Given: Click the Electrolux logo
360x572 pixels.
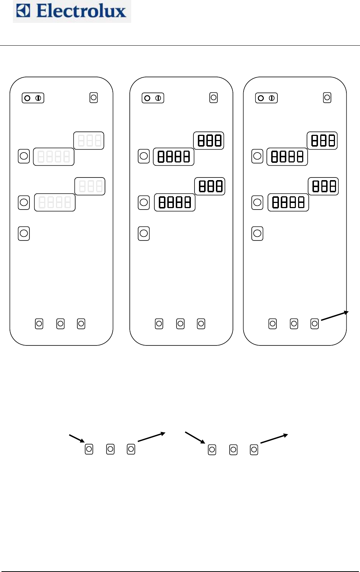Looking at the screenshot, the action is click(72, 11).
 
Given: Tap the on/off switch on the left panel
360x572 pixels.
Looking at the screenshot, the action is click(33, 98).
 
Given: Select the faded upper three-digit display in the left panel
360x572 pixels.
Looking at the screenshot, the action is click(89, 140).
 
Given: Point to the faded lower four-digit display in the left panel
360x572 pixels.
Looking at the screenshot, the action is click(55, 202).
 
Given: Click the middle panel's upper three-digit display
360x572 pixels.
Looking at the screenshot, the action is click(209, 140).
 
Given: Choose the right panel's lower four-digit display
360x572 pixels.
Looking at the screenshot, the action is click(288, 202).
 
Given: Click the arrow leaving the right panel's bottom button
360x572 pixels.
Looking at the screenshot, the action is click(335, 316).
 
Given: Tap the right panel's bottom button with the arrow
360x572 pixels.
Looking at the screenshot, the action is click(315, 324).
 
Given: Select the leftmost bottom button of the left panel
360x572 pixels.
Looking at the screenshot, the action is click(39, 324).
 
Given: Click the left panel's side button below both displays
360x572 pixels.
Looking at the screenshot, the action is click(24, 233).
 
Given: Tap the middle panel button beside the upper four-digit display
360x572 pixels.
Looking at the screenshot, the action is click(144, 156).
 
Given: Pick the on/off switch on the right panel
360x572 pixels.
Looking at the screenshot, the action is click(266, 98).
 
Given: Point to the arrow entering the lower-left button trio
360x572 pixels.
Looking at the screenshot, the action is click(77, 438).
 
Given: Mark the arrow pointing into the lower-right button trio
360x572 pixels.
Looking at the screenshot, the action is click(195, 437).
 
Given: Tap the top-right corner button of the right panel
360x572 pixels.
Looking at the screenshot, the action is click(327, 98).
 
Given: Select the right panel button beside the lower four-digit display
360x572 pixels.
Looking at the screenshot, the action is click(257, 202).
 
